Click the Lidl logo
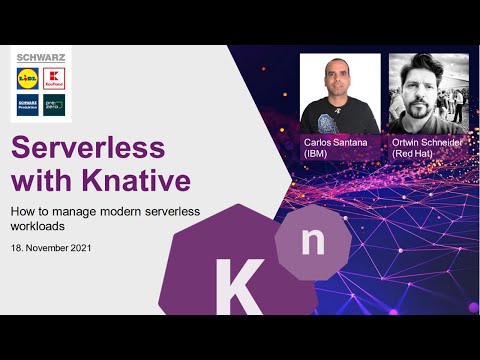(x=27, y=77)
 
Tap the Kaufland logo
(x=55, y=77)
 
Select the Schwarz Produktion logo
(x=27, y=104)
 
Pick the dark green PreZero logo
(x=55, y=104)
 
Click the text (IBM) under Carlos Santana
(x=316, y=155)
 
